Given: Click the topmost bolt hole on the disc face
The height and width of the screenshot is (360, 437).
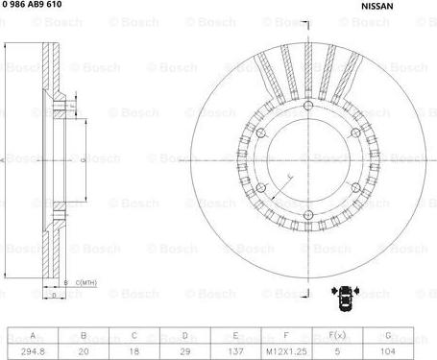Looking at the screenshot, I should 305,106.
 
